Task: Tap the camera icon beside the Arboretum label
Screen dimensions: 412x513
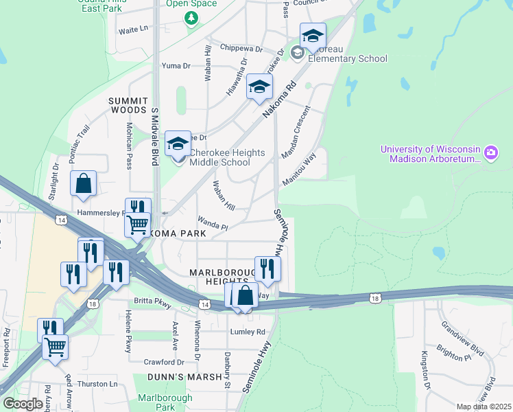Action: pos(491,152)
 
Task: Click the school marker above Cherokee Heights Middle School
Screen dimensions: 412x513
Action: pos(178,144)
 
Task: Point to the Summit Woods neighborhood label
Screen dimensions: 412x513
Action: pos(128,105)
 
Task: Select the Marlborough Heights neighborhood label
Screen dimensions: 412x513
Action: pos(218,277)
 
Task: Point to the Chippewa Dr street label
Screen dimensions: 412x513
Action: pos(241,49)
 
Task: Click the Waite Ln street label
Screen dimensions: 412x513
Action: pos(133,30)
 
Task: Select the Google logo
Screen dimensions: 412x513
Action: pos(22,404)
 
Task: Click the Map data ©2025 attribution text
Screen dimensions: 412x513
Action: pos(484,407)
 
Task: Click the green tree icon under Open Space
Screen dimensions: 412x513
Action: pos(191,17)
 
